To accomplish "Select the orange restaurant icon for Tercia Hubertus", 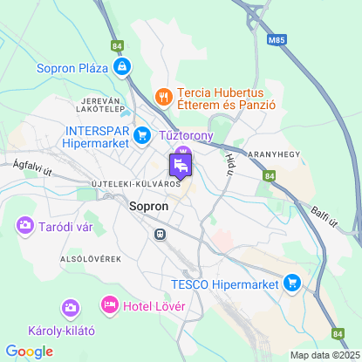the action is pyautogui.click(x=161, y=94).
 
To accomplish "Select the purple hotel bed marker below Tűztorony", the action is pyautogui.click(x=181, y=164).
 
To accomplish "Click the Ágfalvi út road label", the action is pyautogui.click(x=33, y=169).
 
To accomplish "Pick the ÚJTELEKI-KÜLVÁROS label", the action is pyautogui.click(x=135, y=184).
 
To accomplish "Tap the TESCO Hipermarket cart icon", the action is pyautogui.click(x=292, y=283).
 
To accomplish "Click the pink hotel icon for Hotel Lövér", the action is pyautogui.click(x=110, y=304).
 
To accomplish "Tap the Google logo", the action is pyautogui.click(x=29, y=351).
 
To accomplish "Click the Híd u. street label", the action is pyautogui.click(x=230, y=158).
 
